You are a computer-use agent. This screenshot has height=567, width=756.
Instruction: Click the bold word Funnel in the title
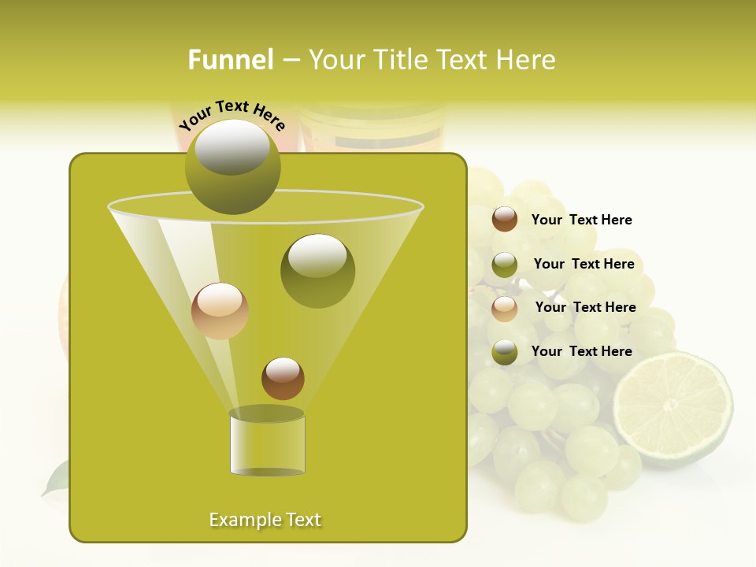(230, 60)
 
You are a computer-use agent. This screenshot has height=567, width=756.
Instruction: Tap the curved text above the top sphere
(232, 114)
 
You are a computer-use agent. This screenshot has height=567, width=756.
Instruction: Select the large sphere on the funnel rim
(232, 167)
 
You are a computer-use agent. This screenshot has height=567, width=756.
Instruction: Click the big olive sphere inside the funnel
(317, 271)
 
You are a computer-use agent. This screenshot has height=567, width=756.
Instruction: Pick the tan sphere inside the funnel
(220, 311)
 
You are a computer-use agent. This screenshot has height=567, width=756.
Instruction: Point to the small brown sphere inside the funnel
(283, 379)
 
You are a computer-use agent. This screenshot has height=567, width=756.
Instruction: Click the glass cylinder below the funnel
(267, 443)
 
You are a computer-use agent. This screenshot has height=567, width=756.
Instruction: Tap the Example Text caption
(265, 520)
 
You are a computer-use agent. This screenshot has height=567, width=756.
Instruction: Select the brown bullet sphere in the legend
(505, 220)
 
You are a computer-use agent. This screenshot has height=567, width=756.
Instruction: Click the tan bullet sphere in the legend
(505, 309)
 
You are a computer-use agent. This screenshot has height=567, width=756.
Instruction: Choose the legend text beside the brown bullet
(581, 220)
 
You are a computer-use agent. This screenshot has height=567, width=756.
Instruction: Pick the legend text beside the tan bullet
(585, 307)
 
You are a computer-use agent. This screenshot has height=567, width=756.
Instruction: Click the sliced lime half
(673, 409)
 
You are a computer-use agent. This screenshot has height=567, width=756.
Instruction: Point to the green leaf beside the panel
(55, 478)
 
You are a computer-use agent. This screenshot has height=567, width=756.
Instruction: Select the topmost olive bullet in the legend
(505, 265)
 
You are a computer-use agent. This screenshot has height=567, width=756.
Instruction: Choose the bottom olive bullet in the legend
(505, 352)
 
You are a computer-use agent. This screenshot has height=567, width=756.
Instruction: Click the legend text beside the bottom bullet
(581, 351)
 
